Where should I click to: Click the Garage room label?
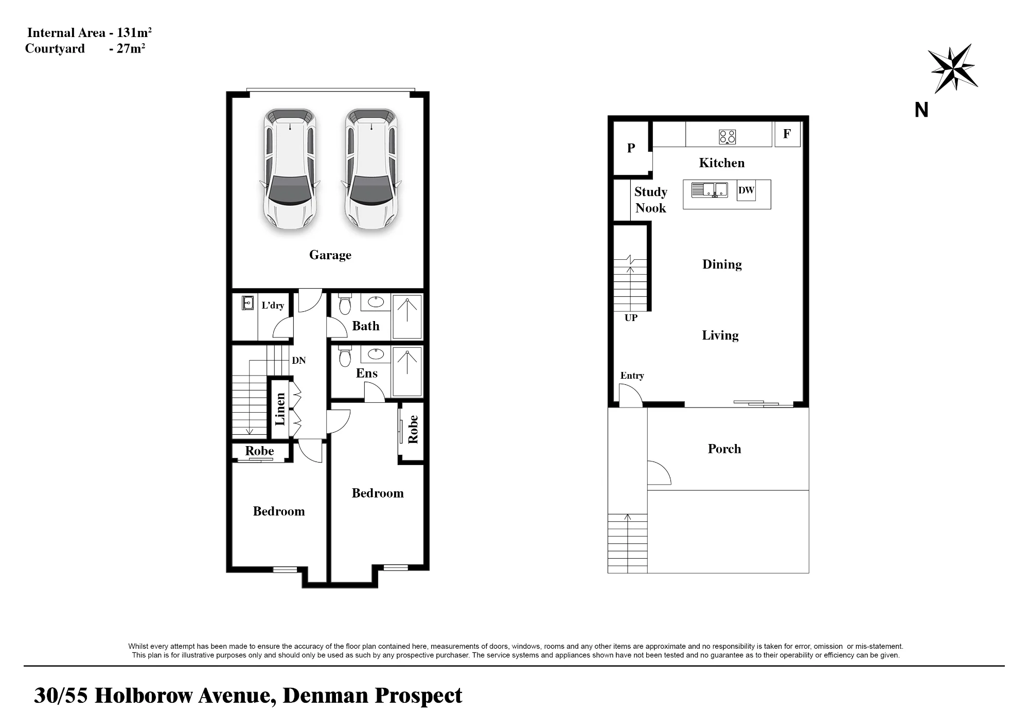pyautogui.click(x=330, y=255)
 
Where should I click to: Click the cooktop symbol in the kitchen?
pyautogui.click(x=728, y=136)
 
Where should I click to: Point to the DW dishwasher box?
pyautogui.click(x=746, y=190)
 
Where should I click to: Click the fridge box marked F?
pyautogui.click(x=787, y=134)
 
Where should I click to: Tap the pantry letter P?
pyautogui.click(x=631, y=148)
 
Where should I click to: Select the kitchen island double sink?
pyautogui.click(x=709, y=190)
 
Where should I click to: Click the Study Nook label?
pyautogui.click(x=651, y=200)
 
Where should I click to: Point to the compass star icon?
pyautogui.click(x=953, y=68)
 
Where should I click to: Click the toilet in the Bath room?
pyautogui.click(x=345, y=304)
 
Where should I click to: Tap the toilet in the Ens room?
pyautogui.click(x=345, y=356)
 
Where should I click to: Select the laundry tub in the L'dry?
pyautogui.click(x=248, y=303)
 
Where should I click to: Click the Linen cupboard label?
pyautogui.click(x=280, y=409)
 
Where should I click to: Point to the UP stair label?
pyautogui.click(x=631, y=318)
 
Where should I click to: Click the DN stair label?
pyautogui.click(x=299, y=361)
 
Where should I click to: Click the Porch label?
pyautogui.click(x=724, y=449)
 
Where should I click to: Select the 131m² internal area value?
pyautogui.click(x=134, y=32)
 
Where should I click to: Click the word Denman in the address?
pyautogui.click(x=326, y=696)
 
